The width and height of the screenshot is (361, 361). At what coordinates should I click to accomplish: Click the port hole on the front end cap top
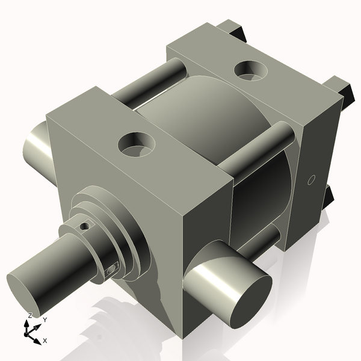coord(137,144)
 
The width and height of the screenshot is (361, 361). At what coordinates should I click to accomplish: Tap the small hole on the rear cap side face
coord(311,179)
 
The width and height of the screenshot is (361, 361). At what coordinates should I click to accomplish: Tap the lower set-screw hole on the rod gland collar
coord(111,270)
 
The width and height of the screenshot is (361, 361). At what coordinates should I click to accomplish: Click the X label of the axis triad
coord(45,341)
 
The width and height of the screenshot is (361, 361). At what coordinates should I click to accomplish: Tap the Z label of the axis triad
coord(29,315)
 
